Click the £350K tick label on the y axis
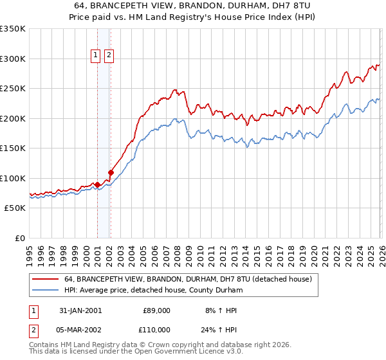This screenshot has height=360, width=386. tap(13, 29)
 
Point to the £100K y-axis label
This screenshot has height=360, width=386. tap(13, 178)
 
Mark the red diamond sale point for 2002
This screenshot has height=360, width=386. tap(111, 172)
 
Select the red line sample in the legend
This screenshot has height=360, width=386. tap(46, 279)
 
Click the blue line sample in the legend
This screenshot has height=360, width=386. tap(46, 290)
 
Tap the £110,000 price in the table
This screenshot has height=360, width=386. tap(156, 329)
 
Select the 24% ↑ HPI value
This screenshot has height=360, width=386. tap(221, 329)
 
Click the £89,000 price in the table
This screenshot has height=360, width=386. tap(156, 310)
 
